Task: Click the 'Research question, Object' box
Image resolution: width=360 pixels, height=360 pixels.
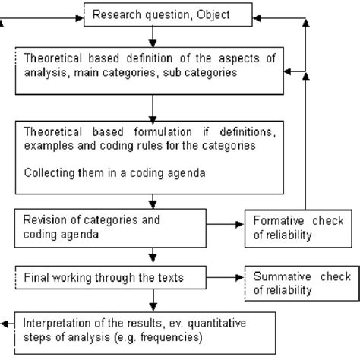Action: [x=154, y=14]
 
